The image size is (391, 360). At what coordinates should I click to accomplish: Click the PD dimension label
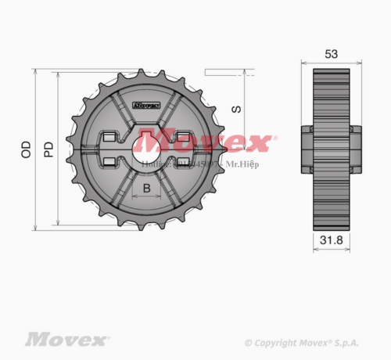[48, 149]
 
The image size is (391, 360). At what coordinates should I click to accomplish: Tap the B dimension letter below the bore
[146, 189]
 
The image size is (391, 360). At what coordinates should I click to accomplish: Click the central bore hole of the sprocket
[146, 149]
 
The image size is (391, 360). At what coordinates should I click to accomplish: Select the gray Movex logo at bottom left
[66, 340]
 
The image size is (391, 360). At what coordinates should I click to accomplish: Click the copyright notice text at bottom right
[302, 343]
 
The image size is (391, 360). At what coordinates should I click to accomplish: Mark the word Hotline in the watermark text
[155, 165]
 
